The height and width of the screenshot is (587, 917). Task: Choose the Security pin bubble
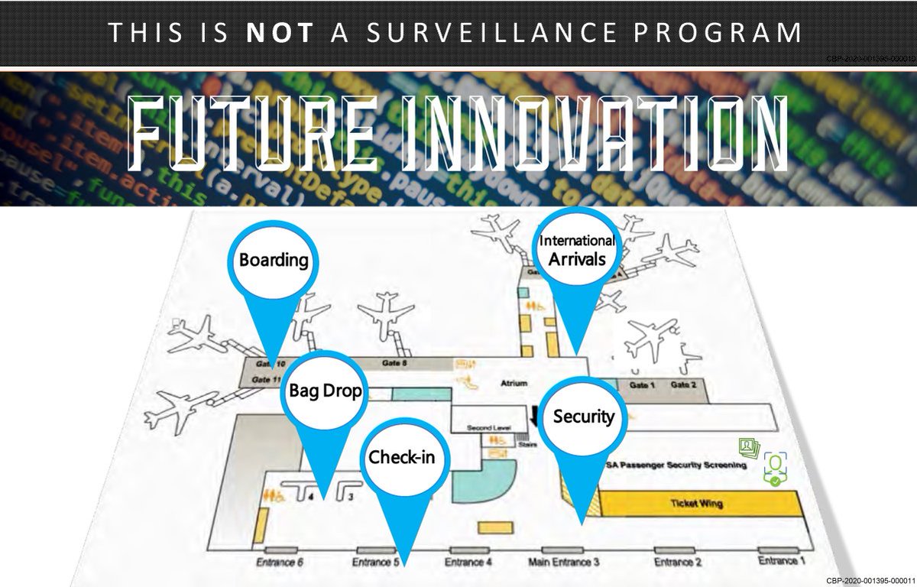coord(584,417)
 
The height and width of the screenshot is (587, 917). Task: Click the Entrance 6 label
coord(280,563)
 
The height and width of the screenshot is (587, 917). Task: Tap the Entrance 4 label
coord(468,563)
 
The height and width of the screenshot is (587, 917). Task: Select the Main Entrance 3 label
coord(564,563)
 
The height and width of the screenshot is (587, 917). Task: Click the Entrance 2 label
coord(678,563)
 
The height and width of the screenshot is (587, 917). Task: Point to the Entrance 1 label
coord(782,561)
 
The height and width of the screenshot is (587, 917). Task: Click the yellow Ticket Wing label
coord(696,504)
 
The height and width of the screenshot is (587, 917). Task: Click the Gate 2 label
coord(683,384)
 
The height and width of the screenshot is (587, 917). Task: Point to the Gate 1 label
coord(641,384)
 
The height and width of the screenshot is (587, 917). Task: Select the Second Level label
coord(484,428)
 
